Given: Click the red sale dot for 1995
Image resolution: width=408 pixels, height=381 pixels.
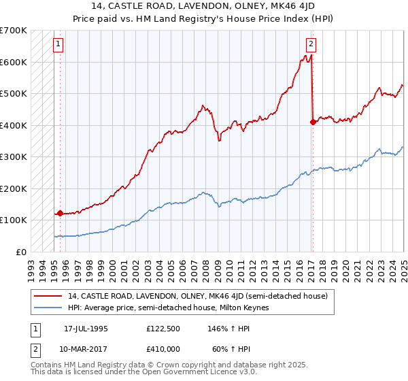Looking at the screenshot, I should [x=60, y=213].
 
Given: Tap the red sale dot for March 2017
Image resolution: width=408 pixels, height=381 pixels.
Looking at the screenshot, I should [x=313, y=122].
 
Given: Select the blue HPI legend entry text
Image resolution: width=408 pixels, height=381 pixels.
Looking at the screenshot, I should [x=169, y=308].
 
